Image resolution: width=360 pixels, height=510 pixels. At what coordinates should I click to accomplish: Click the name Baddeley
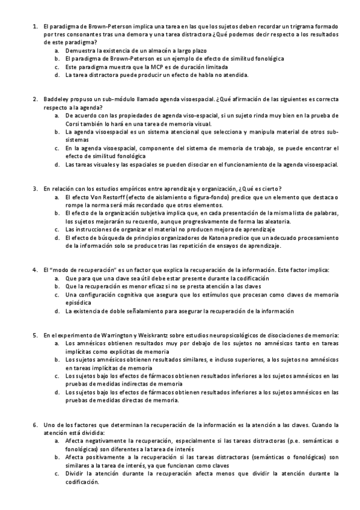pyautogui.click(x=56, y=99)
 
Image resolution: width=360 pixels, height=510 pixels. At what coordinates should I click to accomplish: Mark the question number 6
pyautogui.click(x=35, y=425)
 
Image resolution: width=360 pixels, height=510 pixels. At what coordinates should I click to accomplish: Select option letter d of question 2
pyautogui.click(x=56, y=164)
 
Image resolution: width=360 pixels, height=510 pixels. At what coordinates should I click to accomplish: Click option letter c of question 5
pyautogui.click(x=56, y=375)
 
